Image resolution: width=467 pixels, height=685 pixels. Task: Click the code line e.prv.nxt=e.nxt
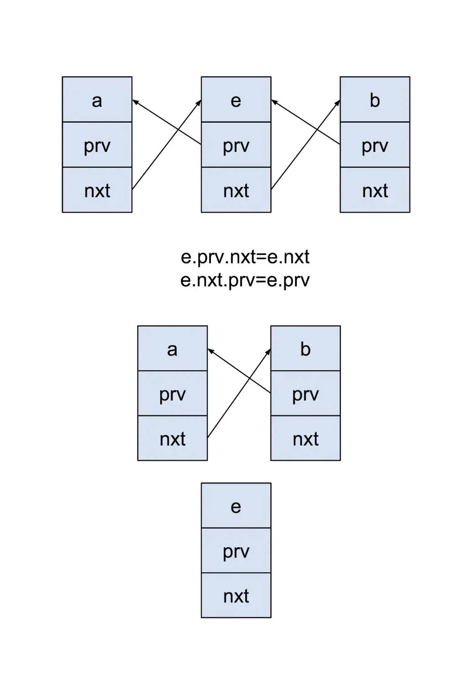click(x=245, y=257)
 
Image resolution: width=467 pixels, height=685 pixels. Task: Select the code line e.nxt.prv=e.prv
click(x=245, y=280)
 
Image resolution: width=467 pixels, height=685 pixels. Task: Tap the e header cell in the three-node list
click(x=236, y=100)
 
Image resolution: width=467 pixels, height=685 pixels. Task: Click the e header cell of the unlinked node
click(x=236, y=506)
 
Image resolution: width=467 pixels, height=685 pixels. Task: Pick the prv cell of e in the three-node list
click(x=236, y=145)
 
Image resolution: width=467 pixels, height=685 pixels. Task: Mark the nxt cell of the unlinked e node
click(x=236, y=596)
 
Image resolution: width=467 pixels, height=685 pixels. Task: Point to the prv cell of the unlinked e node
click(x=236, y=550)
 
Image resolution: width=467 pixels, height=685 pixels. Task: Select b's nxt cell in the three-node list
click(x=375, y=190)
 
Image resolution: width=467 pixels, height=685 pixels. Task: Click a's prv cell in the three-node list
click(x=97, y=145)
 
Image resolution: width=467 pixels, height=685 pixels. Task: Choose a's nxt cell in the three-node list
click(x=97, y=190)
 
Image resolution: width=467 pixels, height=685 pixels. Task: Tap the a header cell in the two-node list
click(x=173, y=349)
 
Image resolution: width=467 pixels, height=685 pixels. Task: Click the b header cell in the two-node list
click(x=305, y=349)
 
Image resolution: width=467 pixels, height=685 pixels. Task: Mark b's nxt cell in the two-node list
click(x=305, y=438)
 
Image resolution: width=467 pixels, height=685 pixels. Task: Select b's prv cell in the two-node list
click(x=305, y=394)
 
